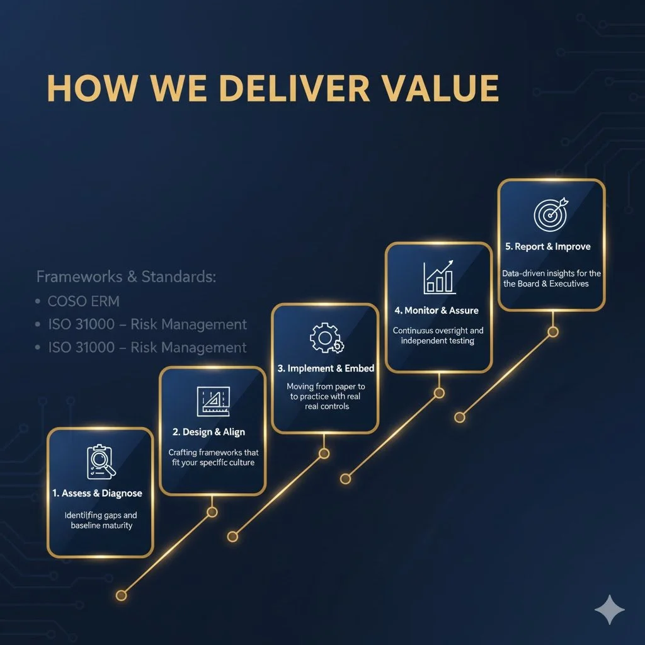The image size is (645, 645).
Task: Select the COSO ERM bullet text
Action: click(x=83, y=301)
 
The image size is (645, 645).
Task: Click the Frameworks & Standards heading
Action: click(x=126, y=277)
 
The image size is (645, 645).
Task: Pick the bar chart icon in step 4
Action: click(x=440, y=277)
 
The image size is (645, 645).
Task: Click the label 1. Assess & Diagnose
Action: click(x=98, y=493)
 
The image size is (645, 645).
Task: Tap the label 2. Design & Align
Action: click(x=208, y=432)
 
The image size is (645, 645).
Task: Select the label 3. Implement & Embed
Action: click(x=326, y=368)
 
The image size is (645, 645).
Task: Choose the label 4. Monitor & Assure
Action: click(x=437, y=311)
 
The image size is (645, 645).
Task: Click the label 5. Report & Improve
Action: click(x=548, y=246)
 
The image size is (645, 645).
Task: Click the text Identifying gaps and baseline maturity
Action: click(x=101, y=520)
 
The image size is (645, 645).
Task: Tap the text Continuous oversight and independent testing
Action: click(x=438, y=335)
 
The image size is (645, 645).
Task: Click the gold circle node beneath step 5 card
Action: click(x=553, y=331)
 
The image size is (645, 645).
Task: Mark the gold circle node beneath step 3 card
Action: click(x=324, y=454)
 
